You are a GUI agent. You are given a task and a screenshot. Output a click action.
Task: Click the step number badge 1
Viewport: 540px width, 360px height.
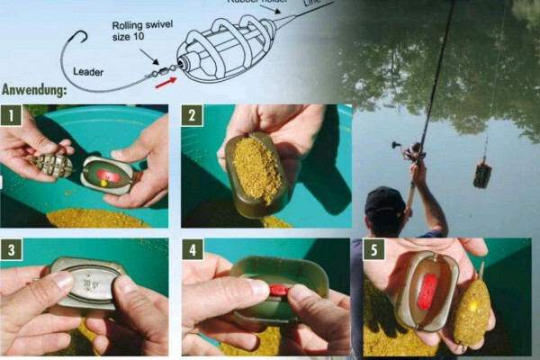tap(11, 114)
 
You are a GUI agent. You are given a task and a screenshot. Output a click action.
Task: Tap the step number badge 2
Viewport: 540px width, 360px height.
tap(191, 114)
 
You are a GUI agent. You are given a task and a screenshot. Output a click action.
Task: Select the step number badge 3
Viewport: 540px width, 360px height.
tap(11, 248)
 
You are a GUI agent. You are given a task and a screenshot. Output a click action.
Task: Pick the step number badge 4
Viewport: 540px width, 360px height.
tap(192, 248)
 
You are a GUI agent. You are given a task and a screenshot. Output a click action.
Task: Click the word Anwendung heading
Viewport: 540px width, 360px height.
tap(36, 90)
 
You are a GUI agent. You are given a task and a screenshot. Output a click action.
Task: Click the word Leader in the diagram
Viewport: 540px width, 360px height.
tap(87, 70)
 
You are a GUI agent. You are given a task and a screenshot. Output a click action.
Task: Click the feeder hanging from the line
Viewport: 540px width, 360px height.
tap(482, 173)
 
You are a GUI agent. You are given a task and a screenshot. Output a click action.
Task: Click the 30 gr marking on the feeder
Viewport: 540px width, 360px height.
tap(87, 282)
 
